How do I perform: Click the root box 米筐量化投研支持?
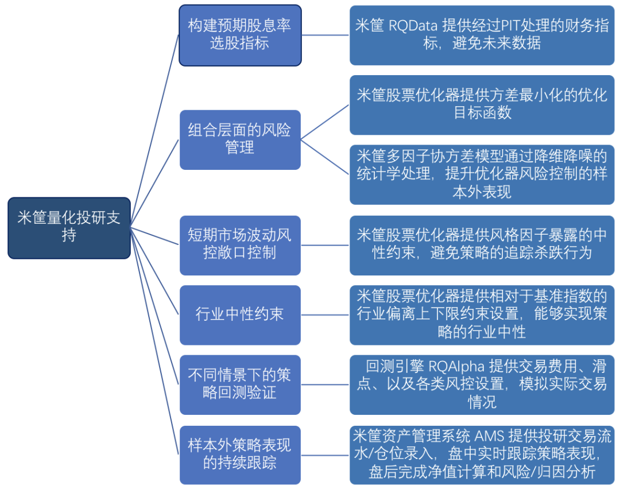click(69, 228)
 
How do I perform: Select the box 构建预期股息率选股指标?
click(240, 35)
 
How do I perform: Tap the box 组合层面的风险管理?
click(240, 140)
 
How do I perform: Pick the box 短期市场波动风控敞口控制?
click(240, 245)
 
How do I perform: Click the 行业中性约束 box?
click(240, 315)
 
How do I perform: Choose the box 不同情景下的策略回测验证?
click(240, 384)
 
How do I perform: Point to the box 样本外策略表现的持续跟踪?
click(240, 455)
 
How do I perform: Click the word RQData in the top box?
click(413, 26)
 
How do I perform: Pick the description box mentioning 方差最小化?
click(482, 105)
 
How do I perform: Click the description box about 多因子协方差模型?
click(482, 174)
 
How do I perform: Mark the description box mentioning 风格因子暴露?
click(482, 245)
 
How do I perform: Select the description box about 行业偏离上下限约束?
click(482, 315)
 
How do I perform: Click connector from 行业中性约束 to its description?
click(325, 315)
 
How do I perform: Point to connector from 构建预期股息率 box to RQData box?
click(325, 35)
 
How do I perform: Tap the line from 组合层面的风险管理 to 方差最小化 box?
click(324, 123)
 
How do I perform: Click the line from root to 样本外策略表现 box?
click(154, 341)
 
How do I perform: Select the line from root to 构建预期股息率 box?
click(154, 131)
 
